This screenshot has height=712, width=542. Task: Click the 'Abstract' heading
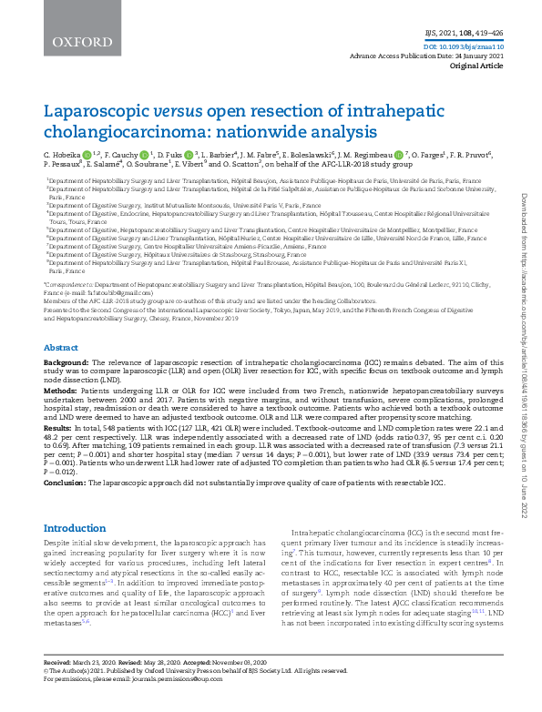coord(61,348)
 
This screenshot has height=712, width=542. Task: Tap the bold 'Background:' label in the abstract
coord(67,362)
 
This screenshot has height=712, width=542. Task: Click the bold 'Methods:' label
coord(61,390)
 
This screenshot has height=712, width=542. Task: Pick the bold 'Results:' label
coord(59,427)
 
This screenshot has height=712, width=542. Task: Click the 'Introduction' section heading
coord(75,527)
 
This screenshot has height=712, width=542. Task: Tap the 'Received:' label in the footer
coord(59,686)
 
